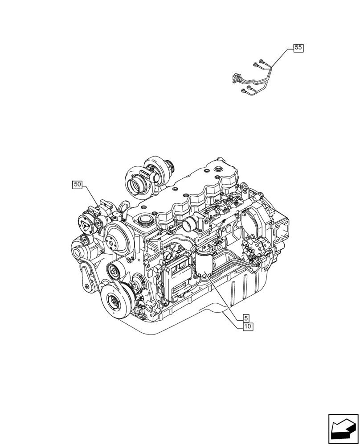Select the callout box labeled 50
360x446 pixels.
point(78,184)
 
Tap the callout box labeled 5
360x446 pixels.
point(246,318)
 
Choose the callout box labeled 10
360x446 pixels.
point(248,326)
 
